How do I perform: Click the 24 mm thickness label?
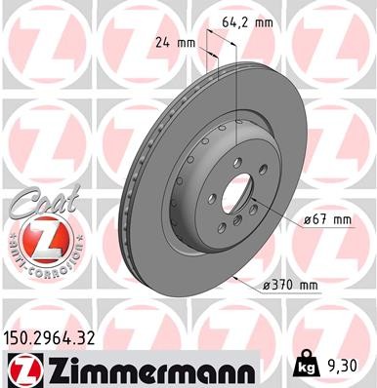(x=175, y=43)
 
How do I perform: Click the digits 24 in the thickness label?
(x=163, y=43)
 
